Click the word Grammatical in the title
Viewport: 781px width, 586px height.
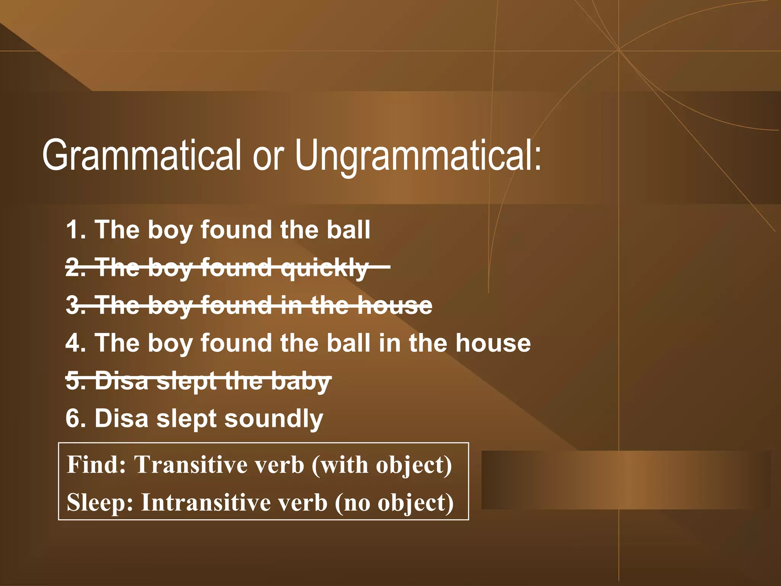(141, 156)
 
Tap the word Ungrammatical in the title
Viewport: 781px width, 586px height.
(418, 156)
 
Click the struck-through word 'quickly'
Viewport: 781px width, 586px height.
(324, 268)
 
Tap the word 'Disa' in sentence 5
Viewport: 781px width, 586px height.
(121, 381)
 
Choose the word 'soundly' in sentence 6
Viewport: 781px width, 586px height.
(273, 419)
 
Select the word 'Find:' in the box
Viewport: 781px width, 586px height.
(96, 465)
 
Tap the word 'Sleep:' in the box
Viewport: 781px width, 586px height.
(100, 502)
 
